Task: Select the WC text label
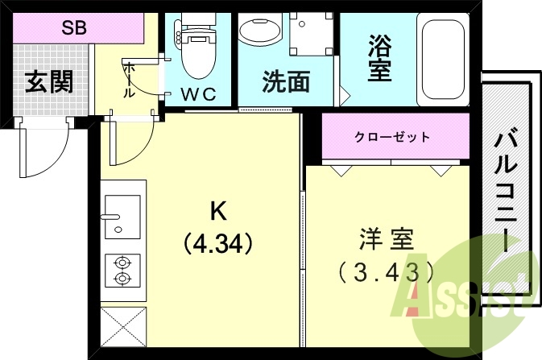(198, 93)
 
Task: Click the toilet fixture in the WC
(197, 50)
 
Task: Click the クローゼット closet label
(392, 137)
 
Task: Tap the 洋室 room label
(387, 239)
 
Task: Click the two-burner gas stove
(122, 270)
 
